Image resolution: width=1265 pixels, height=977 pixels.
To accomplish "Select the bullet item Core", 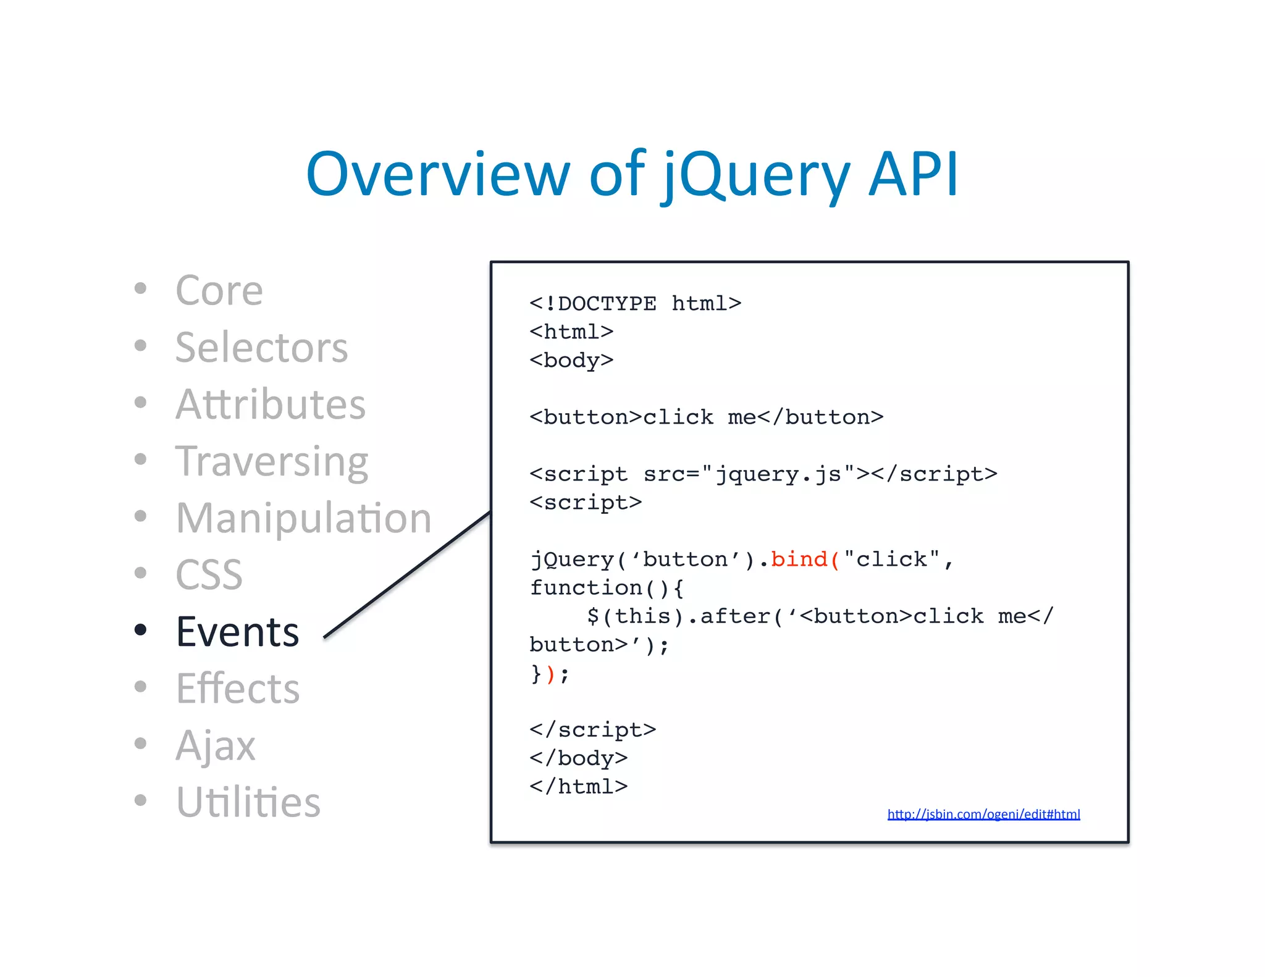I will point(219,290).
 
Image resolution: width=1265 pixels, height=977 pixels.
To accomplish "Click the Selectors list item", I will point(261,347).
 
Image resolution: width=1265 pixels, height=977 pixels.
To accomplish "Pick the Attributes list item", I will point(271,404).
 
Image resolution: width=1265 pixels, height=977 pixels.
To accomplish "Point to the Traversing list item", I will point(272,461).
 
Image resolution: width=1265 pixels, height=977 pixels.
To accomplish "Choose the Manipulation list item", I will point(303,518).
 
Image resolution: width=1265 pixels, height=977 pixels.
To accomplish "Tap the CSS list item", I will point(209,575).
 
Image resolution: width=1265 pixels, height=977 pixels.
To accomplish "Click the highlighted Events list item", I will point(237,632).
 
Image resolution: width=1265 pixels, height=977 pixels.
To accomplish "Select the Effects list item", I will point(237,689).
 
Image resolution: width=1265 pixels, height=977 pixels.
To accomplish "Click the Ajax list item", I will point(215,745).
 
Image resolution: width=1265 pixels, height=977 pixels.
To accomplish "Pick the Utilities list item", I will point(248,802).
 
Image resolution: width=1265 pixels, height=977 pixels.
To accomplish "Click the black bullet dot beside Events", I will point(141,630).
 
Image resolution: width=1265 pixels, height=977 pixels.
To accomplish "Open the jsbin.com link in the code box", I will point(983,814).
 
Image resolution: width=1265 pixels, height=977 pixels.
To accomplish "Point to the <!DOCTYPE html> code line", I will point(635,303).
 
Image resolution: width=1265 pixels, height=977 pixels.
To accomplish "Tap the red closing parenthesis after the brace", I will point(550,673).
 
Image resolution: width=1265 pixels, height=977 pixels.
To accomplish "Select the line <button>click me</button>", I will point(706,417).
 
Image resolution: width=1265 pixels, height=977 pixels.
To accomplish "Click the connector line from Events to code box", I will point(408,574).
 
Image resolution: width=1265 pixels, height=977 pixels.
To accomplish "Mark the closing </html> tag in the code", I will point(578,786).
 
